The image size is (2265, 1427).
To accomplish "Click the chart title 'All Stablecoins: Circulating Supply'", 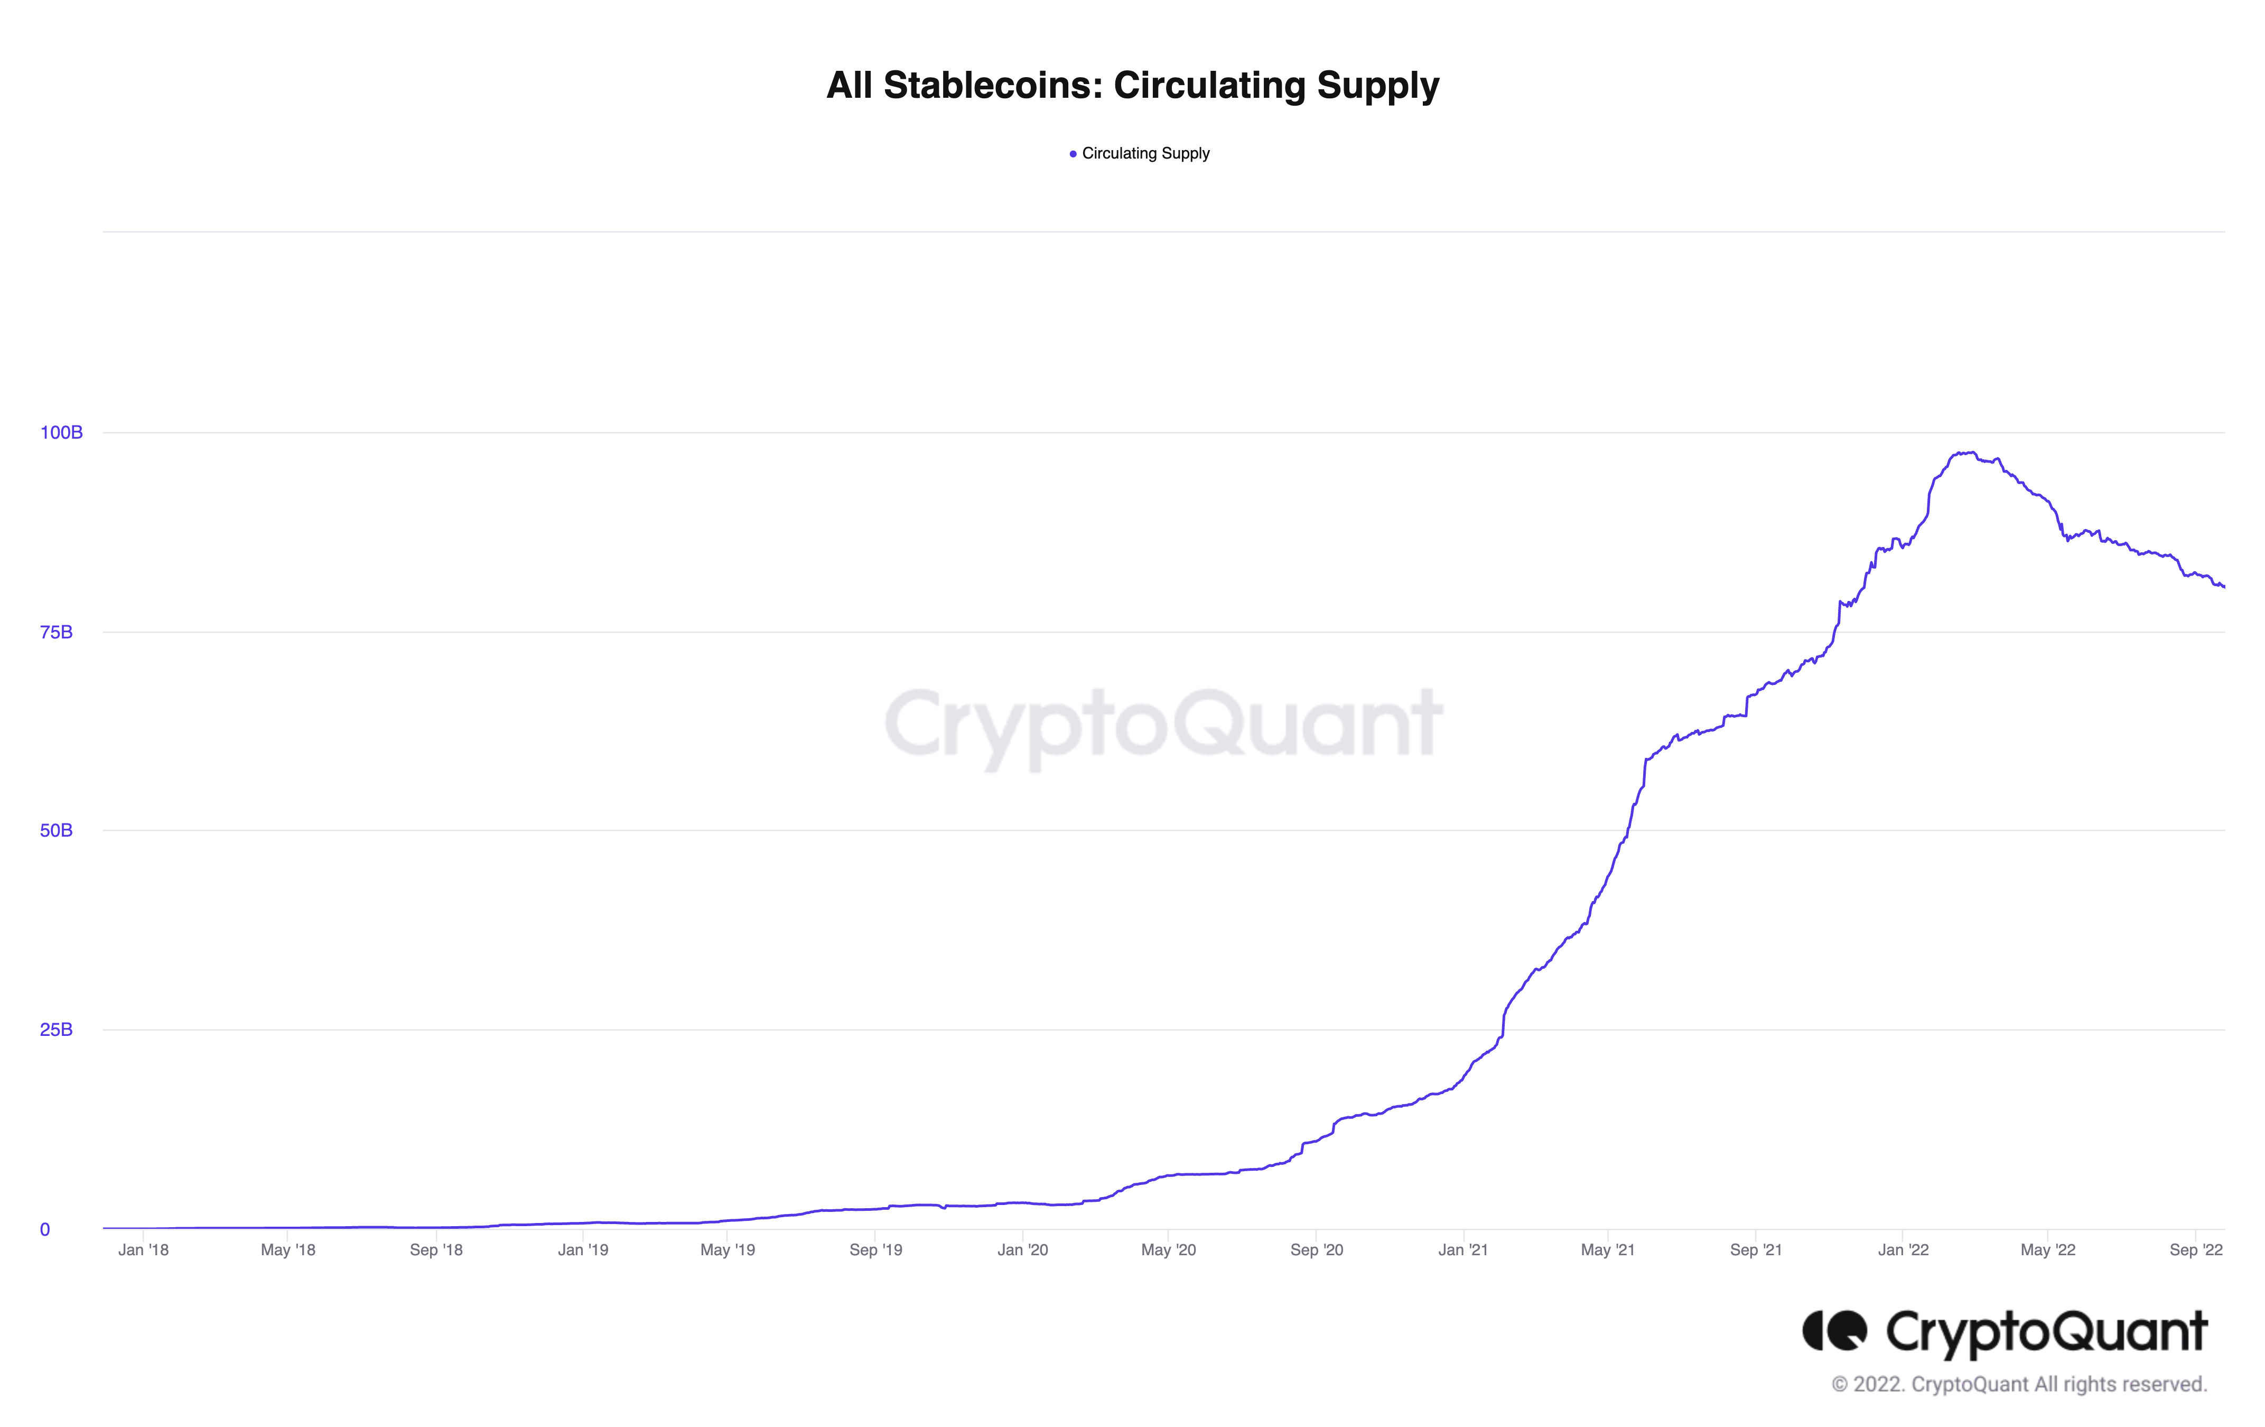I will pos(1133,86).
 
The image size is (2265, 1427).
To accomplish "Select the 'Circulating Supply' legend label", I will pos(1145,153).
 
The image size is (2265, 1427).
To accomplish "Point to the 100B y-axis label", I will pos(61,433).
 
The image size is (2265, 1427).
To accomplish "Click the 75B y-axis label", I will pos(57,632).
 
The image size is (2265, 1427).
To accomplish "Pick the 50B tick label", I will pos(57,831).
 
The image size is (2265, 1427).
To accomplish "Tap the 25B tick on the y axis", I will pos(57,1030).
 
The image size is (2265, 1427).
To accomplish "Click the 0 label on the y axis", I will pos(44,1229).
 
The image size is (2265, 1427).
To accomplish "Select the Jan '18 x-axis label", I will pos(143,1250).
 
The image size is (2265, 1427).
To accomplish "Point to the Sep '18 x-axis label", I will pos(436,1250).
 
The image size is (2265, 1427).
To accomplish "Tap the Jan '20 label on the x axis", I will pos(1022,1250).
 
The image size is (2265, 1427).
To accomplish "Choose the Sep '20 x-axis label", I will pos(1317,1250).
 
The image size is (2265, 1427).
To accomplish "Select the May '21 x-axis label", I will pos(1608,1250).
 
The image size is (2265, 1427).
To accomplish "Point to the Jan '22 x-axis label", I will pos(1903,1250).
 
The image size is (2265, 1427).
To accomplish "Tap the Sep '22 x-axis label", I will pos(2195,1250).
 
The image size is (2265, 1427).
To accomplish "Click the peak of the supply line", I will pos(1970,452).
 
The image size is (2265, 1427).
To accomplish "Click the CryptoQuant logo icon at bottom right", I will pos(1834,1331).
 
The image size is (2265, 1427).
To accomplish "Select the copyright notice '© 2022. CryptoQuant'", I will pos(2019,1385).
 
